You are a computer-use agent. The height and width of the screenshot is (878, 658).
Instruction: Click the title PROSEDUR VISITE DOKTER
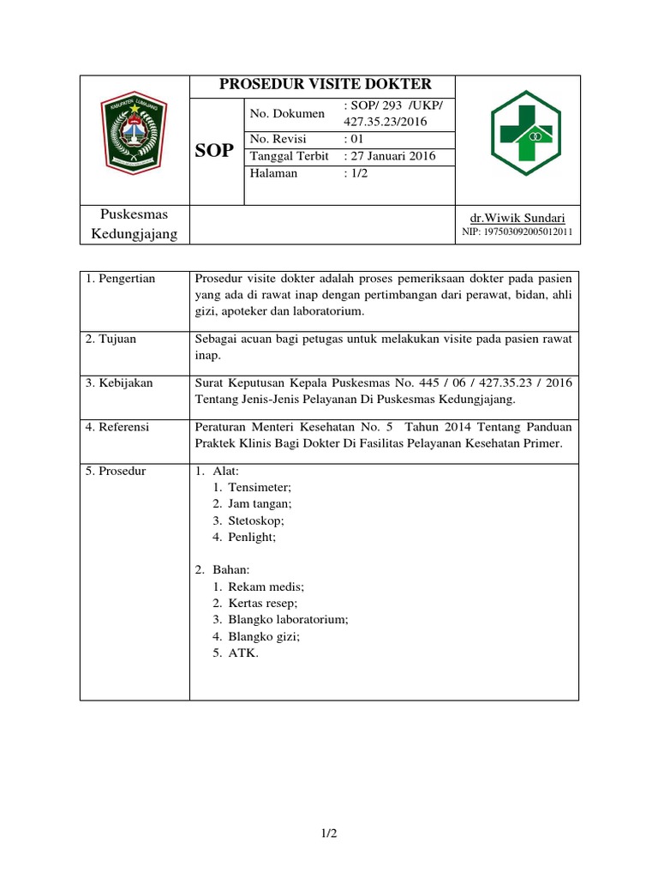pos(326,84)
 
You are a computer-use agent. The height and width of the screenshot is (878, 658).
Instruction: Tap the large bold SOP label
pos(213,151)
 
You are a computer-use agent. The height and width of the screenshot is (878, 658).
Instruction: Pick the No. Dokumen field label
pos(287,113)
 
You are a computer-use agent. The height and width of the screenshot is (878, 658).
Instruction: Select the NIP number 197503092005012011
pos(517,232)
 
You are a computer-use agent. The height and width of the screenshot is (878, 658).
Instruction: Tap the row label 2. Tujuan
pos(111,339)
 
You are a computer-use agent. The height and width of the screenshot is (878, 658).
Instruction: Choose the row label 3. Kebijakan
pos(119,383)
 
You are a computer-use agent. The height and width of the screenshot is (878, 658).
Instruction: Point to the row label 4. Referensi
pos(119,427)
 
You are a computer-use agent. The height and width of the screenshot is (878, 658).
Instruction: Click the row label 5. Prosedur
pos(117,472)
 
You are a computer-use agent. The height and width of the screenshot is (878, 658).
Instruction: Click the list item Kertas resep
pos(262,604)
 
